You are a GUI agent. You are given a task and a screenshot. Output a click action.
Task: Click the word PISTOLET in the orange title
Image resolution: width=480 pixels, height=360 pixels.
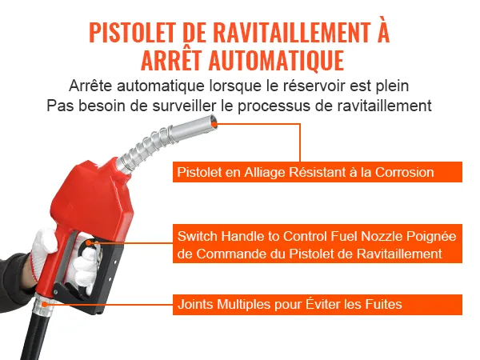pyautogui.click(x=132, y=33)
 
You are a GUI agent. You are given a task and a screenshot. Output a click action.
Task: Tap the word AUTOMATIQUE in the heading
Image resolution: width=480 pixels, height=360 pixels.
pyautogui.click(x=277, y=60)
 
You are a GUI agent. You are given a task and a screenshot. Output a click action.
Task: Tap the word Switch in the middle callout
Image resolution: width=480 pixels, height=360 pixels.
pyautogui.click(x=197, y=236)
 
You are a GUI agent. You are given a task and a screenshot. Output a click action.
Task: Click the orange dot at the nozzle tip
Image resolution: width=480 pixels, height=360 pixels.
pyautogui.click(x=214, y=124)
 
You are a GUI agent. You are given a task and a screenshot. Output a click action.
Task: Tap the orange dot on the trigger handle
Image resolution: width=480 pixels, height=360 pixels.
pyautogui.click(x=89, y=242)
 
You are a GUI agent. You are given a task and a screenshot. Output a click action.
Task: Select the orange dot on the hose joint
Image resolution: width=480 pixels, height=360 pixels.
pyautogui.click(x=44, y=304)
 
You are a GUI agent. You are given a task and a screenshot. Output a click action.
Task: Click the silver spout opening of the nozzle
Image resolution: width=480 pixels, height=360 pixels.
pyautogui.click(x=213, y=121)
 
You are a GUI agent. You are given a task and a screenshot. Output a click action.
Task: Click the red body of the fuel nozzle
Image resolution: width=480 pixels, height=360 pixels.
pyautogui.click(x=92, y=199)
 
